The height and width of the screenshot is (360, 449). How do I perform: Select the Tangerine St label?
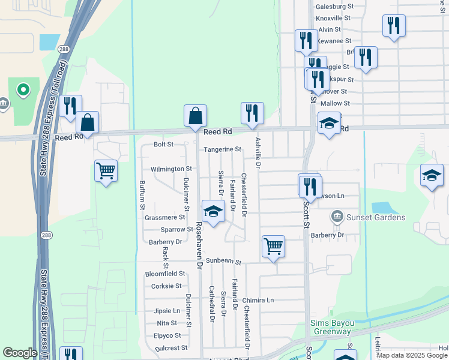point(222,149)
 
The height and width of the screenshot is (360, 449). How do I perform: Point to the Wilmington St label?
point(170,169)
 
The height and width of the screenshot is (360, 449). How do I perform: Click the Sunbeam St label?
point(223,262)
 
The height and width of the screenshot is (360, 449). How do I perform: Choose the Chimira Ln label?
point(258,300)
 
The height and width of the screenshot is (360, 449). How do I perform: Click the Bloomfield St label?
point(164,273)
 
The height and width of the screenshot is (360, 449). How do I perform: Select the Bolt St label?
point(163,144)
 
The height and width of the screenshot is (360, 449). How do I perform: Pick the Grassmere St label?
point(164,217)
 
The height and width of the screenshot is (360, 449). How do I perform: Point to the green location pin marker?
point(23,90)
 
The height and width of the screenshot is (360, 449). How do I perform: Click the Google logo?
point(20,353)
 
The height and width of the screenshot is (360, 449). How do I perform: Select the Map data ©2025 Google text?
point(412,355)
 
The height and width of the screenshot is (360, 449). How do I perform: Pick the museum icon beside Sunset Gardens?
point(336,216)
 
